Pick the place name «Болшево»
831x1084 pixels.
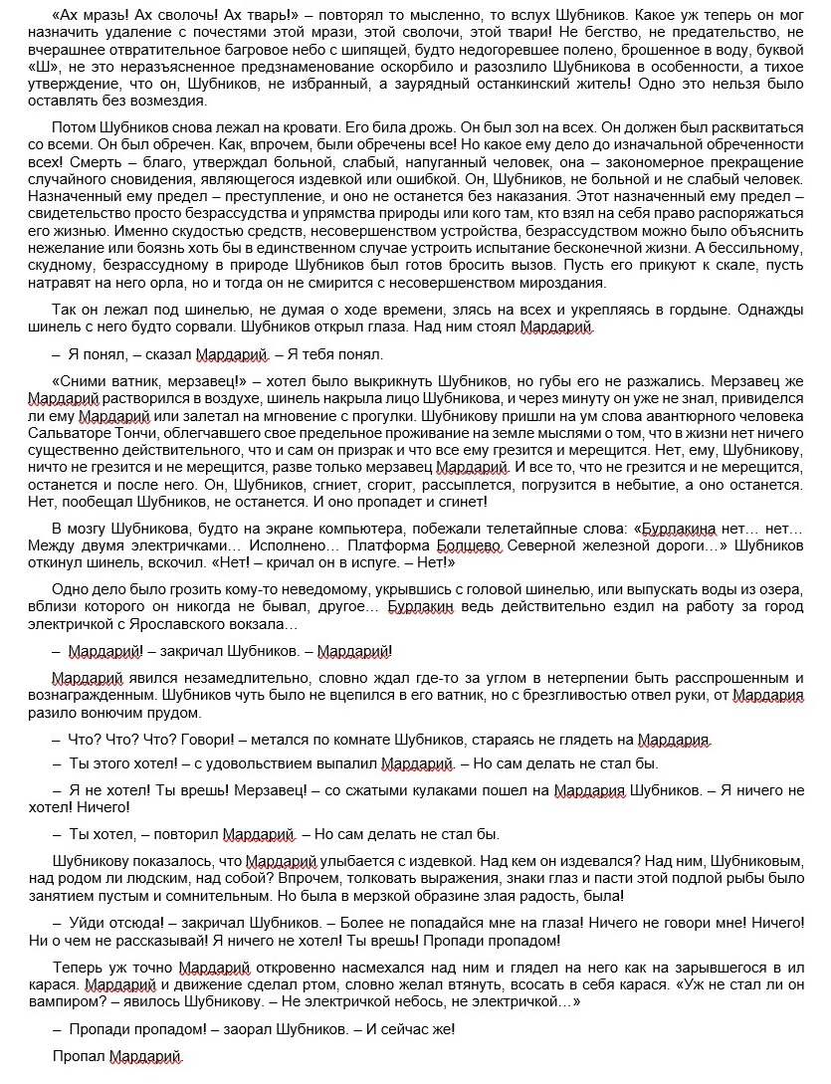472,544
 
